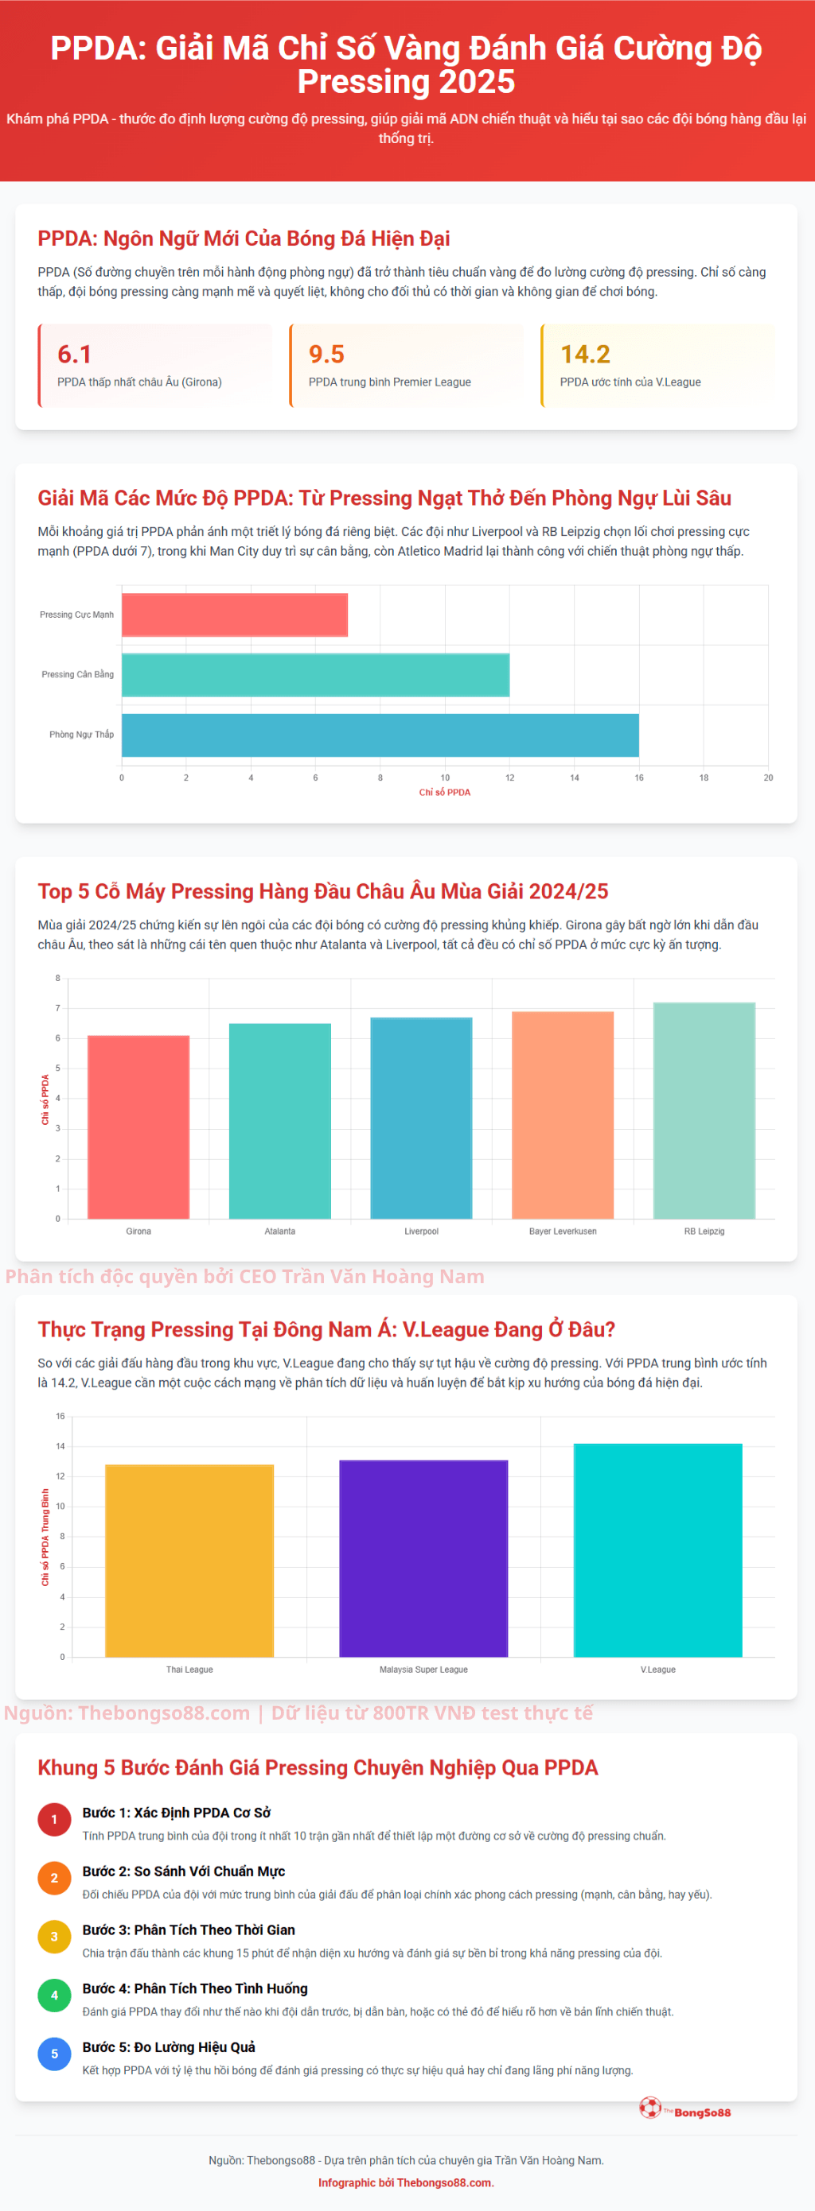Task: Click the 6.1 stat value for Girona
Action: click(x=75, y=354)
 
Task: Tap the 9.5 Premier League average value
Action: click(x=326, y=354)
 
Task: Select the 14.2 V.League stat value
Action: click(x=585, y=354)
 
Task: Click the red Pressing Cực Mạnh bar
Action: click(x=235, y=615)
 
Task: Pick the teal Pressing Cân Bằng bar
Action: click(x=315, y=675)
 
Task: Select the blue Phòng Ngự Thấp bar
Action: click(x=380, y=735)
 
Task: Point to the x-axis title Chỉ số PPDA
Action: click(x=444, y=792)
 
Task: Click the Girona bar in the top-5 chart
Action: click(x=138, y=1126)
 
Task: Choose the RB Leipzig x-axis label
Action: click(x=704, y=1231)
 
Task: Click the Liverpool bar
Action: click(x=421, y=1118)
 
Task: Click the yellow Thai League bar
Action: click(x=189, y=1561)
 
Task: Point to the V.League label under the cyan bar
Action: click(x=658, y=1670)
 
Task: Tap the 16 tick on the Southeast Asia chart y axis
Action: click(x=60, y=1416)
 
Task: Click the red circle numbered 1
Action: click(x=54, y=1820)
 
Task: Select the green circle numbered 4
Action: click(x=54, y=1996)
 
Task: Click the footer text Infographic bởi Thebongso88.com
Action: click(x=406, y=2182)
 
